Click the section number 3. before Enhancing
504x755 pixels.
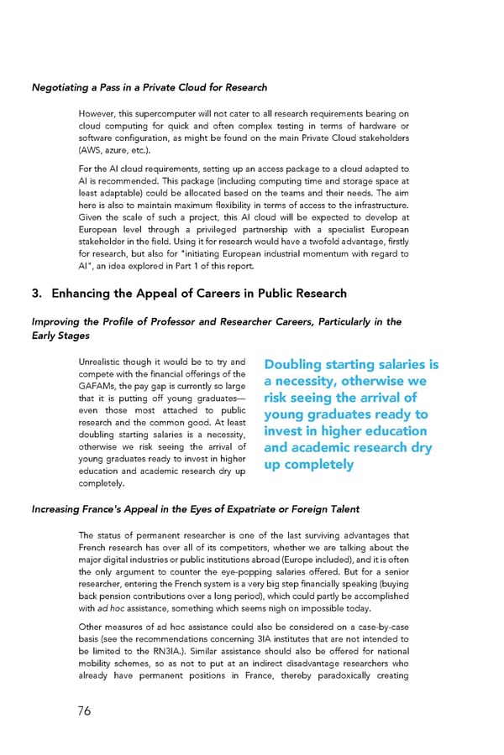[37, 293]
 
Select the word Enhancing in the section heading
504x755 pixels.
[85, 293]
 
